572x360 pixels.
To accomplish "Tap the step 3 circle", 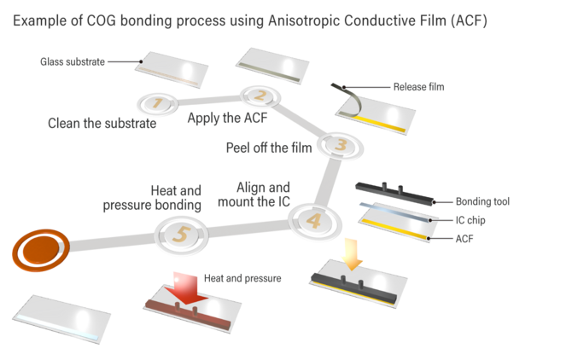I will click(x=337, y=144).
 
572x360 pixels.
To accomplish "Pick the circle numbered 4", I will click(x=312, y=222).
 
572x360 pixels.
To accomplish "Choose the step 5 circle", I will click(x=179, y=232).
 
